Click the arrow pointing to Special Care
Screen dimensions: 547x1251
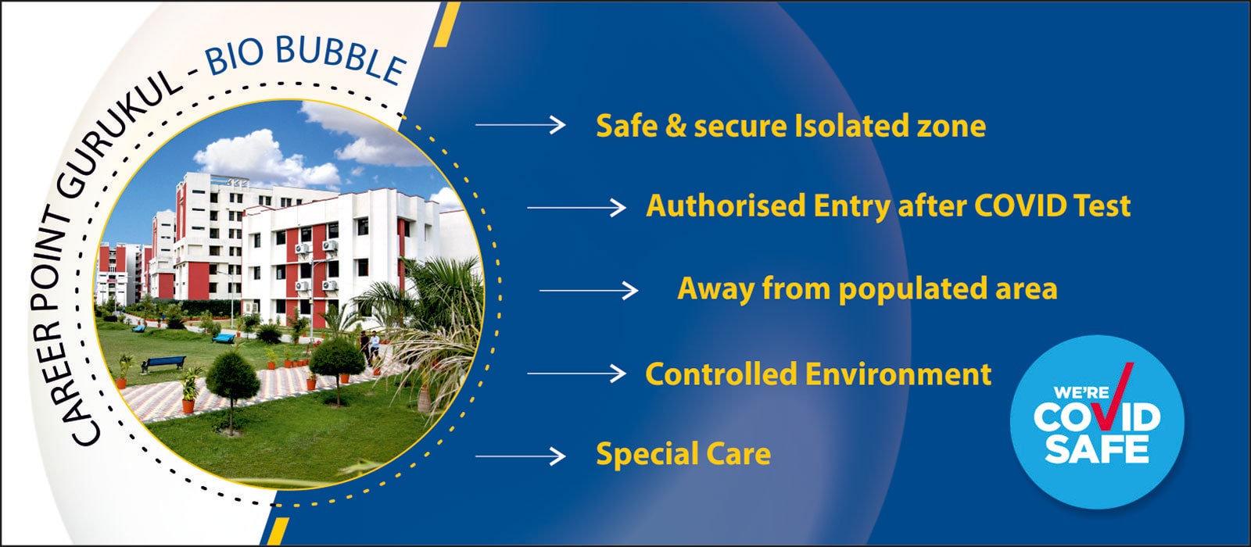[520, 456]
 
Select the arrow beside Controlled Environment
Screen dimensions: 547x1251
[576, 374]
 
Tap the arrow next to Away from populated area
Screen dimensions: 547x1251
[588, 291]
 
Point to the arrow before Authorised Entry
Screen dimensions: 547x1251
[576, 207]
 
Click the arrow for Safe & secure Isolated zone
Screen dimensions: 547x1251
[520, 124]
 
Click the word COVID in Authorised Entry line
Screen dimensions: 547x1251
[1013, 206]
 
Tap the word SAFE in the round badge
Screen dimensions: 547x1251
[1097, 449]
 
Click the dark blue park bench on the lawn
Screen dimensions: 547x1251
[163, 363]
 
